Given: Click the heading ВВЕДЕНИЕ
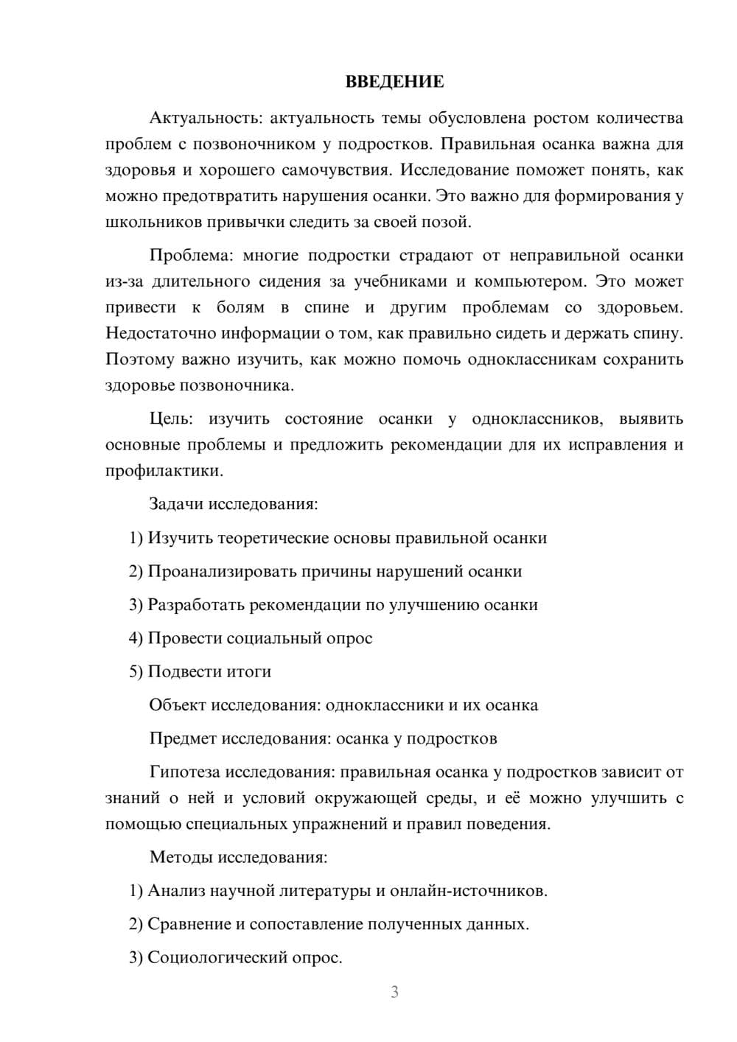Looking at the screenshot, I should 394,82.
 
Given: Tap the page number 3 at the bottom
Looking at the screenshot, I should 394,992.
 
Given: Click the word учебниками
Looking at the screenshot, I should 400,282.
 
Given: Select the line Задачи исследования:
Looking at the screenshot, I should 234,505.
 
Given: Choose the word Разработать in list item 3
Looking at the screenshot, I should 195,605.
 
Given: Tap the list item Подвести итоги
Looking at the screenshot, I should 209,672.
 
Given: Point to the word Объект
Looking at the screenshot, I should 178,705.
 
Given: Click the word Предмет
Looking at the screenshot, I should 183,738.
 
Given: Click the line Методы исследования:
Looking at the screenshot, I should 238,858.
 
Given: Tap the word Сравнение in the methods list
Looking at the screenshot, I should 189,924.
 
